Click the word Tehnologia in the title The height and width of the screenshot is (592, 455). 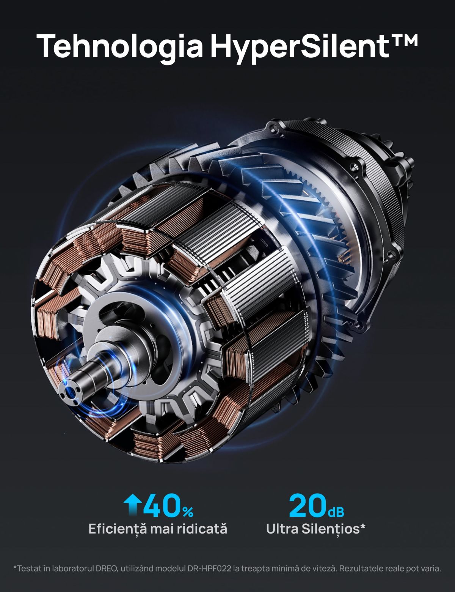coord(120,46)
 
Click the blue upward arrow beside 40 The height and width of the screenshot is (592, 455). coord(133,506)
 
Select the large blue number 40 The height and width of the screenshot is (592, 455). coord(163,506)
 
